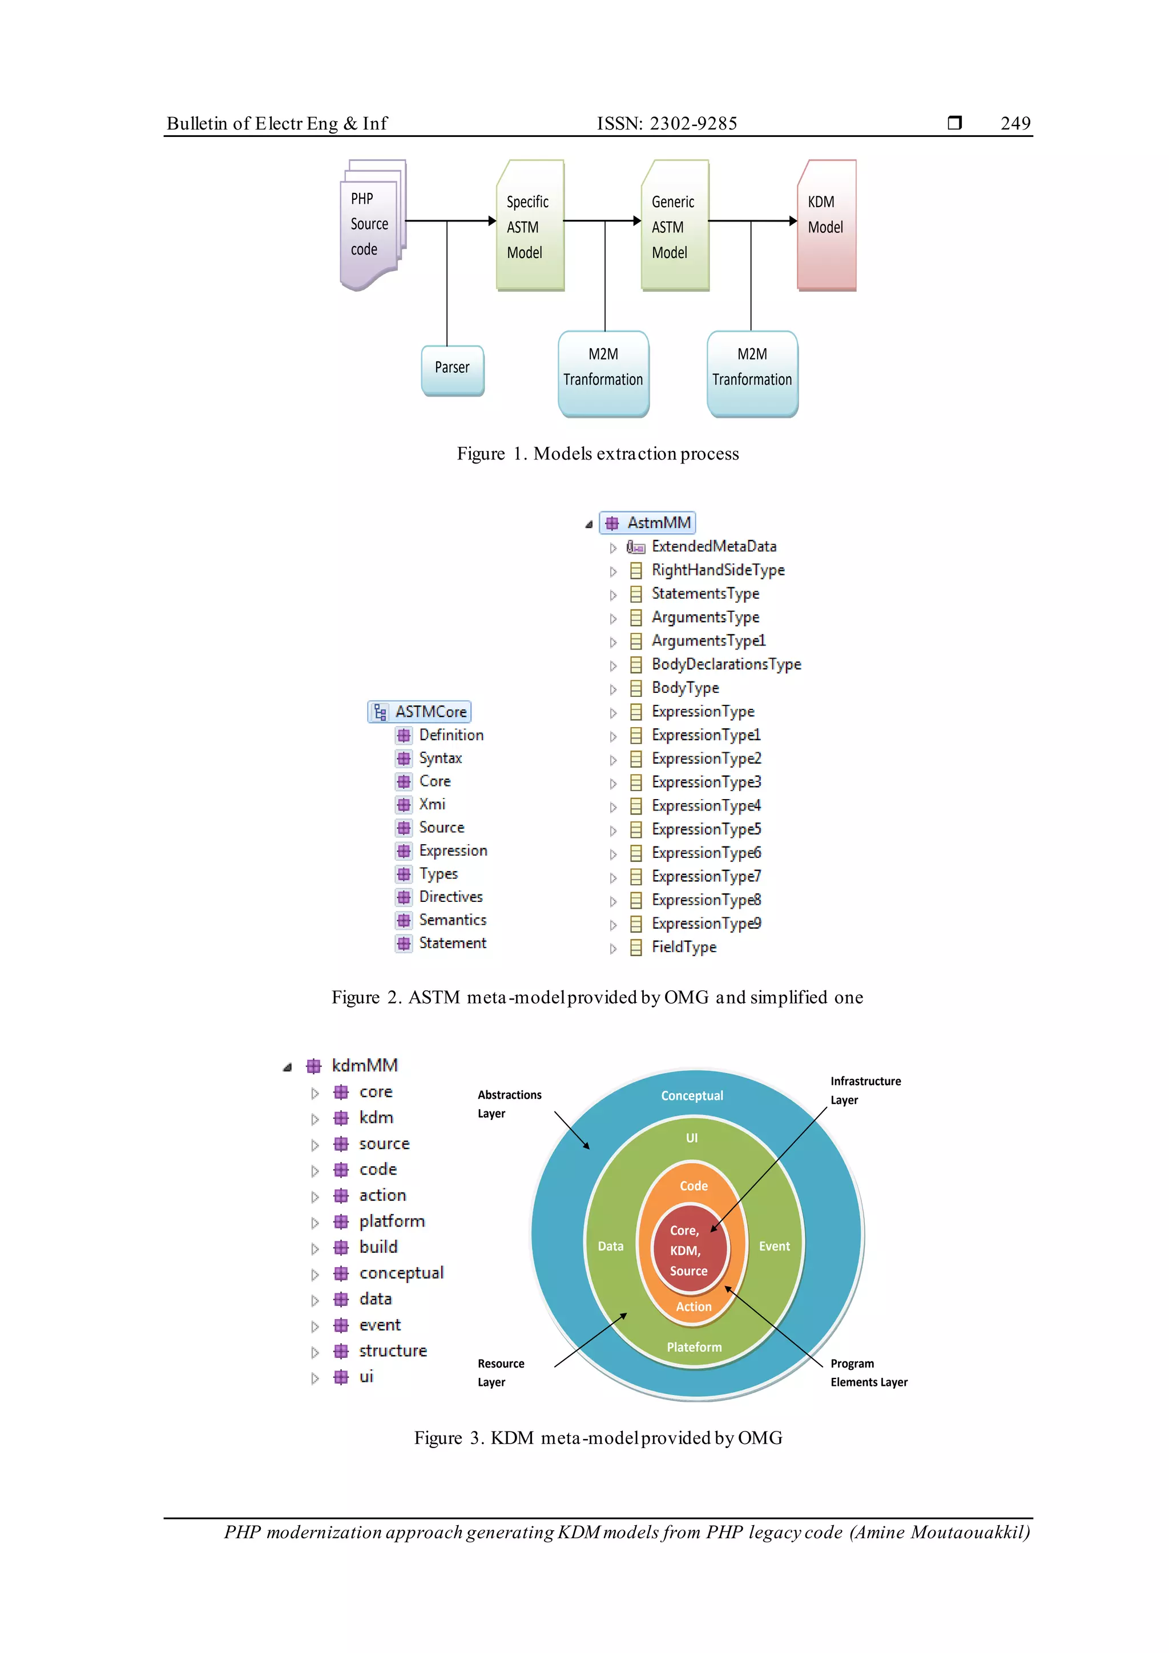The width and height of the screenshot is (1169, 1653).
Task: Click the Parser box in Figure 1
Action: pyautogui.click(x=452, y=369)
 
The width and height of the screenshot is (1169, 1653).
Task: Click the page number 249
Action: pyautogui.click(x=1015, y=123)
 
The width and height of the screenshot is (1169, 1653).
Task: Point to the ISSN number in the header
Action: pyautogui.click(x=667, y=123)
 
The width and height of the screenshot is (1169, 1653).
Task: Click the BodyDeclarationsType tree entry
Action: pyautogui.click(x=725, y=664)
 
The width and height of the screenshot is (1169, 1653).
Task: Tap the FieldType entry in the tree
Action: pyautogui.click(x=684, y=948)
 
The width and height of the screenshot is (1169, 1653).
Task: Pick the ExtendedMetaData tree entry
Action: pyautogui.click(x=714, y=546)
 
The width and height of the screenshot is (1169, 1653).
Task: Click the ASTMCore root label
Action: pyautogui.click(x=430, y=712)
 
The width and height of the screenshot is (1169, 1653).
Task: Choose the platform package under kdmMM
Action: pyautogui.click(x=392, y=1221)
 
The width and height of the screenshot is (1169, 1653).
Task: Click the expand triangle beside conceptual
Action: pyautogui.click(x=315, y=1275)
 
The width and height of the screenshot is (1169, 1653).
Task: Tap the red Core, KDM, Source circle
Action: pyautogui.click(x=689, y=1251)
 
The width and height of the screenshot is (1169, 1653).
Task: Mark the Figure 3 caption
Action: pyautogui.click(x=598, y=1438)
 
